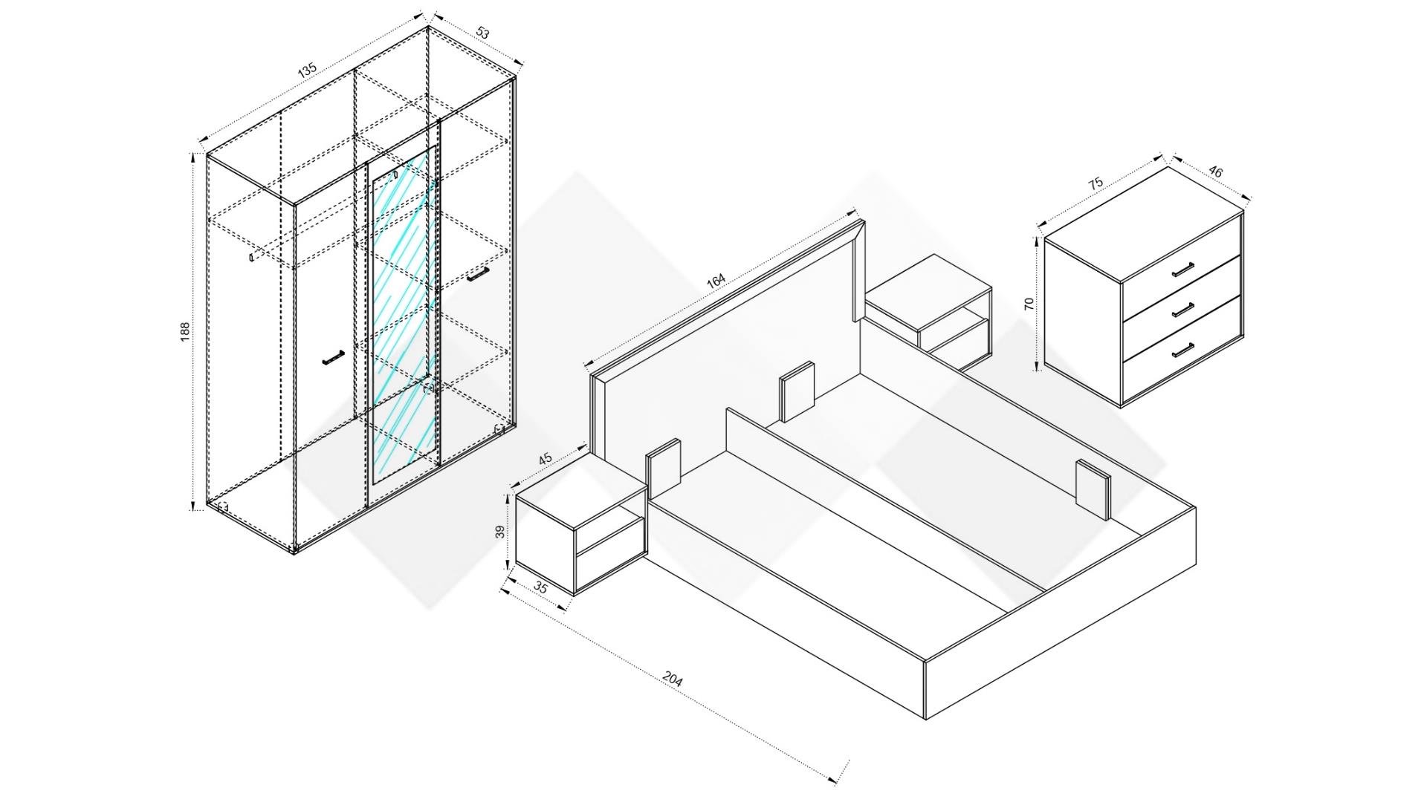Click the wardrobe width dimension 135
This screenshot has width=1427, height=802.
(x=307, y=69)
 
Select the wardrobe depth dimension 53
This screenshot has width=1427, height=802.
(x=483, y=33)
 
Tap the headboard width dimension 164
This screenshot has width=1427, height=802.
(x=715, y=282)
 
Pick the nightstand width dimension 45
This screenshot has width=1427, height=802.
(x=546, y=459)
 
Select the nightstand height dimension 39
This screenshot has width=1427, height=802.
(x=500, y=532)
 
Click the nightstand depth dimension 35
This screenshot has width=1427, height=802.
(x=540, y=587)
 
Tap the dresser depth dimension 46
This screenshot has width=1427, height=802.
(x=1216, y=172)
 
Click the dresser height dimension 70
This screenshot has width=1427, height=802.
(x=1029, y=303)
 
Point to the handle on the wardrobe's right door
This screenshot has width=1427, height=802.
(x=478, y=275)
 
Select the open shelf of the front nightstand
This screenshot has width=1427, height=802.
(x=609, y=545)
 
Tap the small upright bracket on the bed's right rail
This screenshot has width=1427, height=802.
(x=1092, y=488)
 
